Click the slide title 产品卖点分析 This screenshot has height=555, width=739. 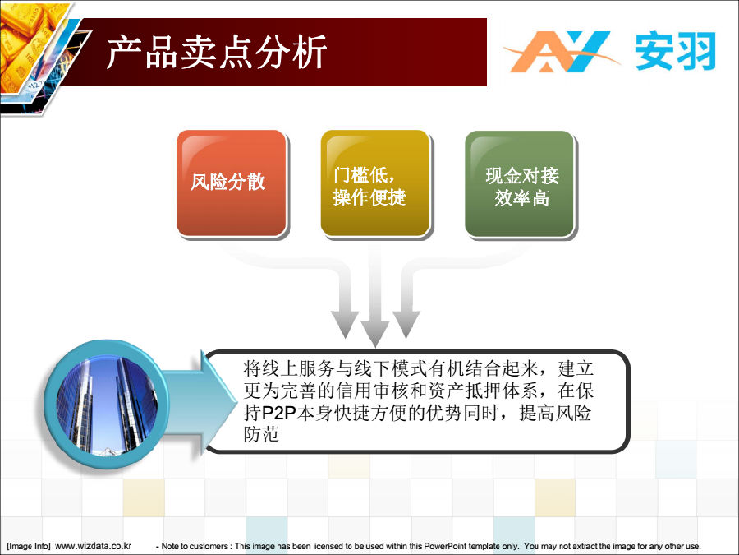[217, 53]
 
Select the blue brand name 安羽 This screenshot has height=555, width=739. [675, 52]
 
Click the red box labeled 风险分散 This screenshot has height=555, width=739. [232, 183]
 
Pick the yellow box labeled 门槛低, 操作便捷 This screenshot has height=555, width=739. [375, 183]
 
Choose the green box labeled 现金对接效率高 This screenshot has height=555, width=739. [520, 184]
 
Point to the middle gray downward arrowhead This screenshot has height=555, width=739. [374, 333]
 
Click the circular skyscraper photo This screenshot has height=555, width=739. [107, 406]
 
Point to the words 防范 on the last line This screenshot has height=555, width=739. [262, 434]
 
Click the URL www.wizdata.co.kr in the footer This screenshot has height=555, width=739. [94, 546]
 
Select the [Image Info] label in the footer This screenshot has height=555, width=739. [28, 546]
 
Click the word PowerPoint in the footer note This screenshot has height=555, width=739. [445, 546]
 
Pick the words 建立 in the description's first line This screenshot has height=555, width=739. [576, 368]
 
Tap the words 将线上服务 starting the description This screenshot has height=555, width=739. [289, 368]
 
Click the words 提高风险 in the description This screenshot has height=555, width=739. [555, 413]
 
